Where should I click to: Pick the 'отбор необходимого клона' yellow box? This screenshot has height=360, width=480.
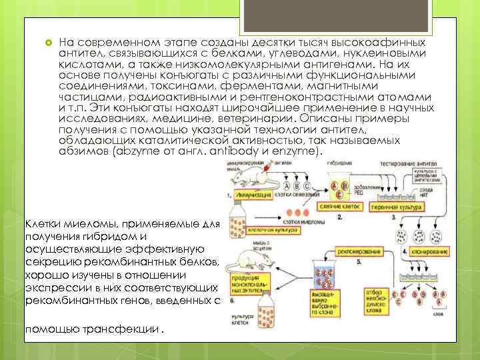click(x=377, y=300)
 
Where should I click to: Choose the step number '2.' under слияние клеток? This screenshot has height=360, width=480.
click(x=340, y=217)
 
